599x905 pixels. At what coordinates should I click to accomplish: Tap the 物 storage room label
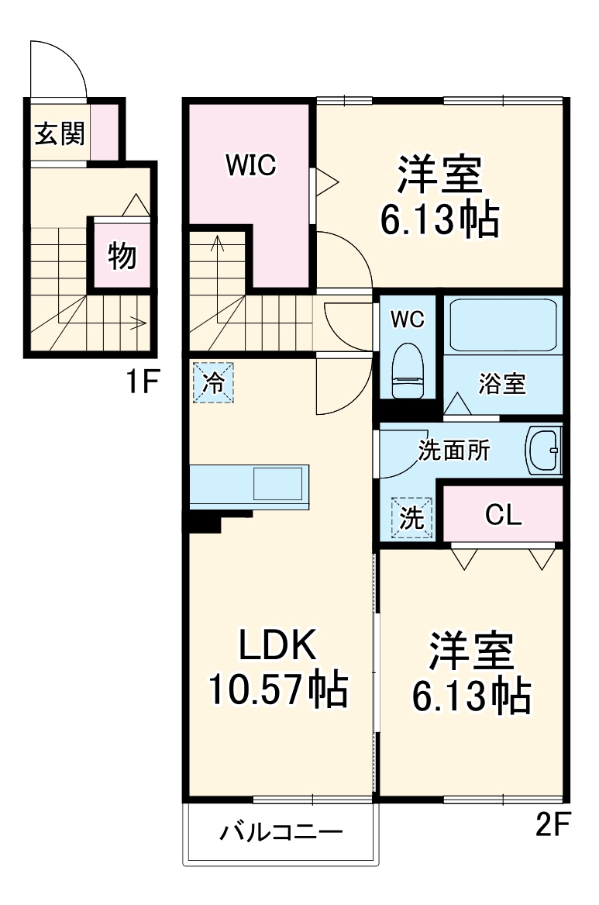pyautogui.click(x=122, y=255)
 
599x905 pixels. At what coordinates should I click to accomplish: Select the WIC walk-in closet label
pyautogui.click(x=250, y=165)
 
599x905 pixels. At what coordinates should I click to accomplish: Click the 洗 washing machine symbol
pyautogui.click(x=411, y=518)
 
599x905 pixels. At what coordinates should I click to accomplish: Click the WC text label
pyautogui.click(x=407, y=320)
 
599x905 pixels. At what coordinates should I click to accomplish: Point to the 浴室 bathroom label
pyautogui.click(x=502, y=383)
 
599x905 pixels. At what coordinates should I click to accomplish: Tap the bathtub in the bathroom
pyautogui.click(x=502, y=326)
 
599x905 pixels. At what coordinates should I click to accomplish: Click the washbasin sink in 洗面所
pyautogui.click(x=546, y=449)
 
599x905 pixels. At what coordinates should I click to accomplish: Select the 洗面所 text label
pyautogui.click(x=454, y=451)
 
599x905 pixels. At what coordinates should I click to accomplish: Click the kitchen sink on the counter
pyautogui.click(x=279, y=484)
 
